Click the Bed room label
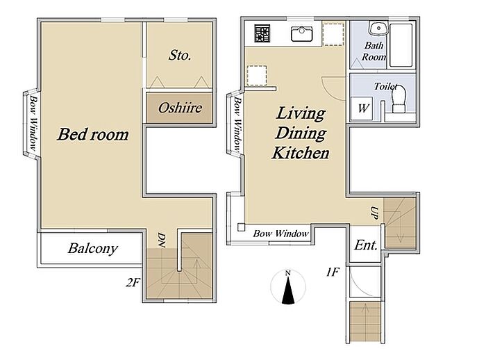[93, 134]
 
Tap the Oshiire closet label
[180, 108]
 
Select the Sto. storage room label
[180, 55]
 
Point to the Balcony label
[92, 248]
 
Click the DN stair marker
[161, 240]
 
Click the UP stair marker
[374, 213]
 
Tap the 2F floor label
[133, 282]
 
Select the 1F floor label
[333, 272]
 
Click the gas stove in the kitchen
[262, 33]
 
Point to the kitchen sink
[302, 34]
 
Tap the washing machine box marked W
[362, 108]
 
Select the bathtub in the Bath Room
[401, 45]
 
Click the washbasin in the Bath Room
[378, 28]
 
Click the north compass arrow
[288, 287]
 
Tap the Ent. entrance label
[366, 245]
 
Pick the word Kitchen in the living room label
[301, 153]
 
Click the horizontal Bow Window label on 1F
[280, 234]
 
